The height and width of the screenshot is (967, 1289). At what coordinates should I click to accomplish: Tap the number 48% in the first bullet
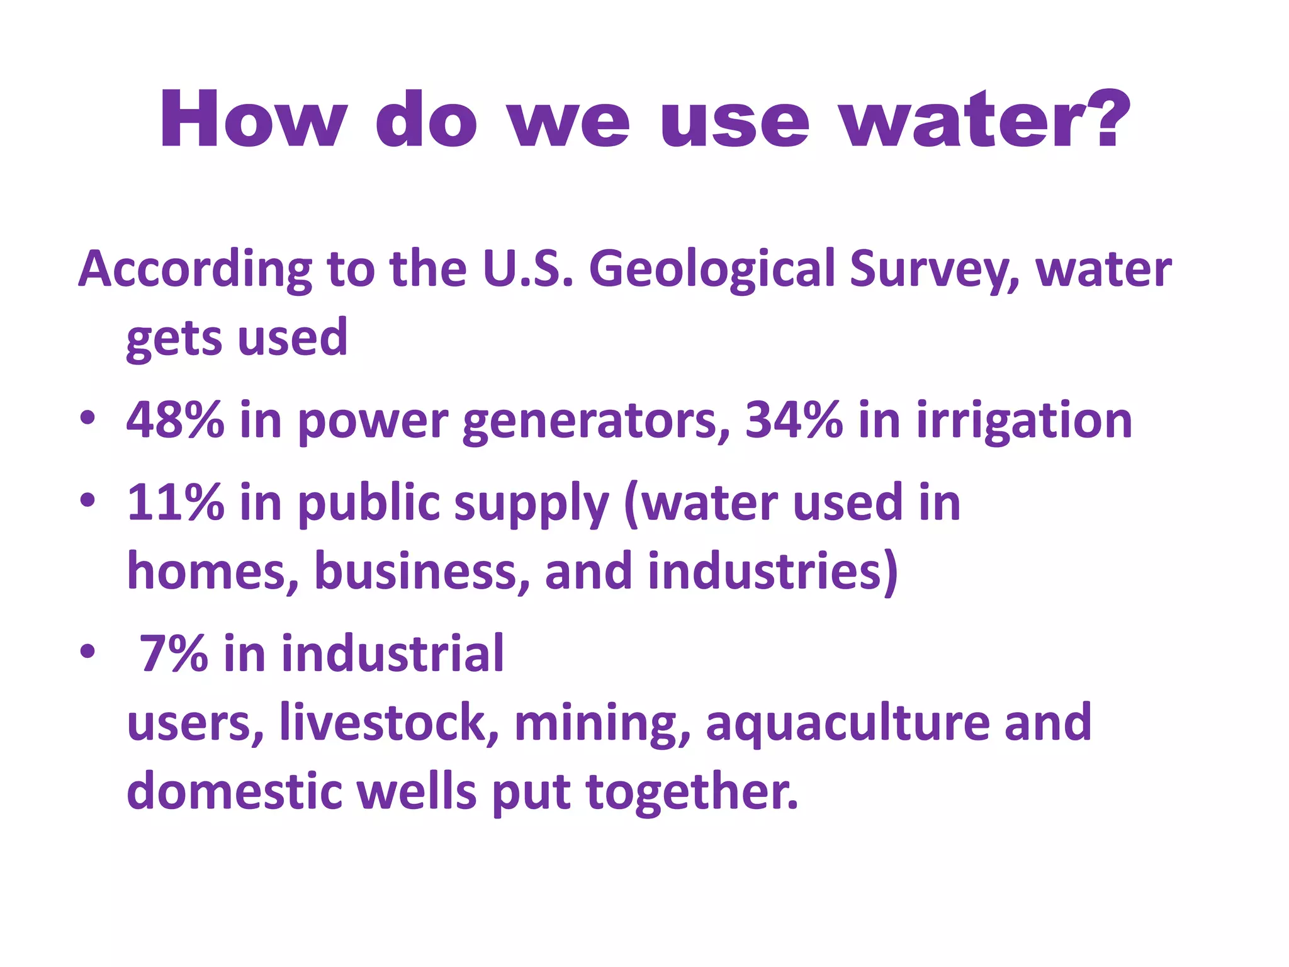175,420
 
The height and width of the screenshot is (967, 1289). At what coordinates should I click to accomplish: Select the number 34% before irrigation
794,420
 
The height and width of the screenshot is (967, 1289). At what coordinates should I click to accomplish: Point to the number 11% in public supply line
175,502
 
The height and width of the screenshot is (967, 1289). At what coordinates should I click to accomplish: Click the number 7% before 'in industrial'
173,653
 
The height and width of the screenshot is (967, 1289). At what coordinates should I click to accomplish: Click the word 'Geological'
711,269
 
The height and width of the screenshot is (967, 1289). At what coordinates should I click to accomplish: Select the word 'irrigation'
1024,421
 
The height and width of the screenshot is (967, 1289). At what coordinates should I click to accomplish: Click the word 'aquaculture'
847,723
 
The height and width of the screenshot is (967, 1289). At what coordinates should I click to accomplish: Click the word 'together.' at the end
692,792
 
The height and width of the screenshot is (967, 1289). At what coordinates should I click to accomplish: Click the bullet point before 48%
87,418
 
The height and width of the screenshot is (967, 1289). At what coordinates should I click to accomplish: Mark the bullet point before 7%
87,652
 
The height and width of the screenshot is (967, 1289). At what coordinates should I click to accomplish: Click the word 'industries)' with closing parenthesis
772,572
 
